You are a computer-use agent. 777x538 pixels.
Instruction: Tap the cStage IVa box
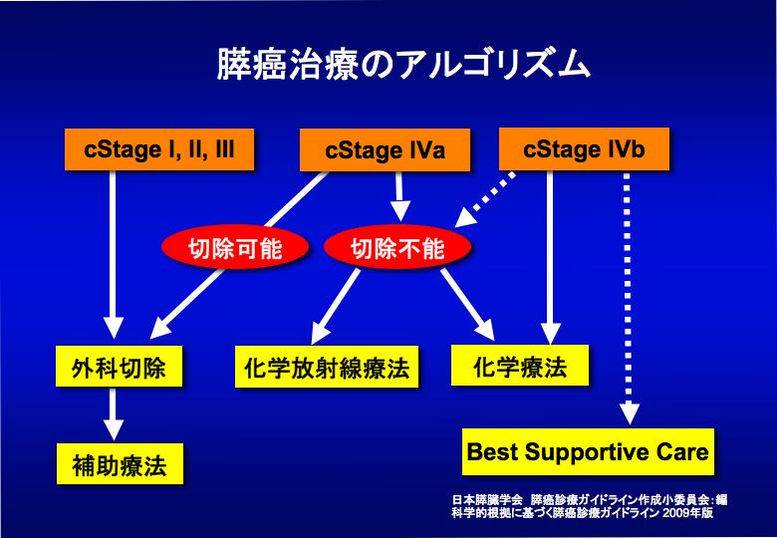tap(385, 151)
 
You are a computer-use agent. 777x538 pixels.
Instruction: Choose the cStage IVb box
tap(584, 149)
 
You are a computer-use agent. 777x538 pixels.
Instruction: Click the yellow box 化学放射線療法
tap(327, 368)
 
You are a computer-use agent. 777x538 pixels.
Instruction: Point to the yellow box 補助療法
tap(119, 464)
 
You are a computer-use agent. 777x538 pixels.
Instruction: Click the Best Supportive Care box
tap(588, 452)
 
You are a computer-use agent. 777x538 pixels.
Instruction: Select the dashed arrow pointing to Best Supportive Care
tap(628, 299)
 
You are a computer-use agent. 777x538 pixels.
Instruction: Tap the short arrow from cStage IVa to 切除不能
tap(399, 195)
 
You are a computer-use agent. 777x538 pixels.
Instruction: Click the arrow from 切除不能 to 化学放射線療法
tap(339, 304)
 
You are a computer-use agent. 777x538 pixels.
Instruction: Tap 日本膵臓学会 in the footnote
tap(480, 499)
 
